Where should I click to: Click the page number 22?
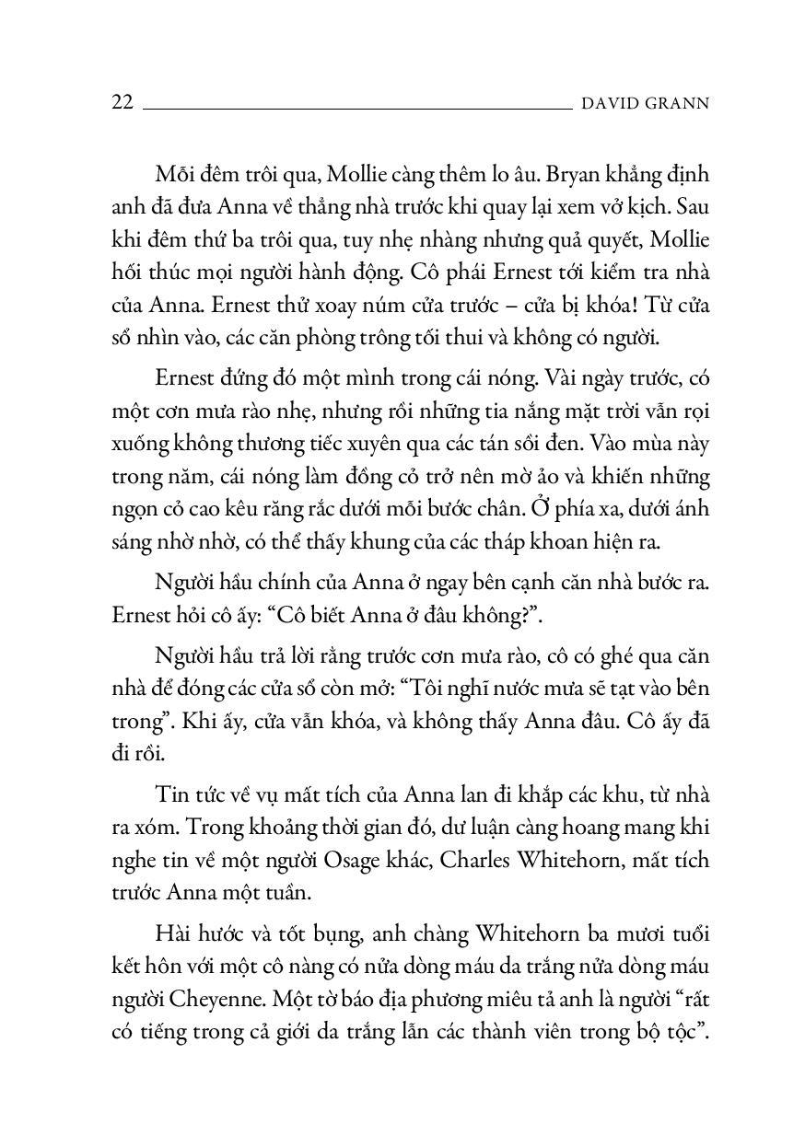pyautogui.click(x=122, y=102)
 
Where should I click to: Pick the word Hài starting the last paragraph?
pyautogui.click(x=174, y=934)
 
